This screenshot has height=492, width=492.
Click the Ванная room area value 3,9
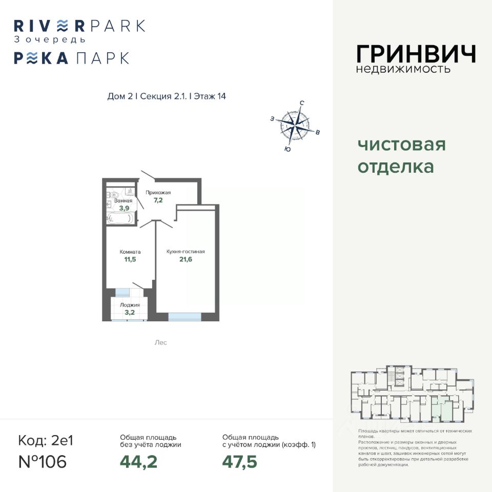(x=124, y=209)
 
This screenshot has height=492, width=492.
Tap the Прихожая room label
(x=158, y=193)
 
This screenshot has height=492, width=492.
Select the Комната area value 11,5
(x=130, y=260)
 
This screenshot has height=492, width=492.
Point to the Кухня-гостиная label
(x=186, y=252)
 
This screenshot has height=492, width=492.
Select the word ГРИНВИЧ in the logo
(x=416, y=54)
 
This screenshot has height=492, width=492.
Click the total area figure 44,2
(x=138, y=462)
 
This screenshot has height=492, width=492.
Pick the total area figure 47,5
(x=239, y=462)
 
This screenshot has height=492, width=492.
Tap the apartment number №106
(x=43, y=462)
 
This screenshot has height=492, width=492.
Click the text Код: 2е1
(x=46, y=440)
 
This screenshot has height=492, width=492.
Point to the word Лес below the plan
(x=160, y=342)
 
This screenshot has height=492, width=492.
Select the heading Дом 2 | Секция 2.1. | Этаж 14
(x=167, y=96)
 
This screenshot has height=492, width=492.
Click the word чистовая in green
(x=401, y=145)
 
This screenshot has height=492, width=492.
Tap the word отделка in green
(x=396, y=167)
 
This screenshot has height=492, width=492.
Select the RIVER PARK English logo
(x=79, y=25)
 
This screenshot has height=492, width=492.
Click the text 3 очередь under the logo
(x=50, y=39)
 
